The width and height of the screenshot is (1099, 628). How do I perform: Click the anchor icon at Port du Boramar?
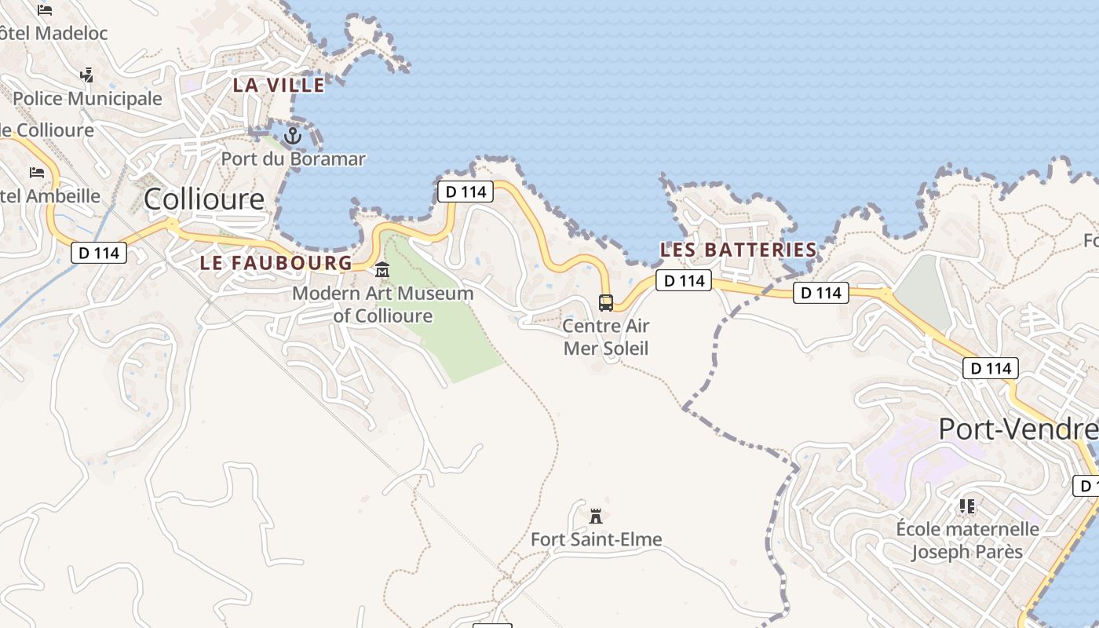(x=292, y=136)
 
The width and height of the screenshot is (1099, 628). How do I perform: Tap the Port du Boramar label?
(x=293, y=159)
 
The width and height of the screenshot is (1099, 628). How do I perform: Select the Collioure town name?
(x=204, y=199)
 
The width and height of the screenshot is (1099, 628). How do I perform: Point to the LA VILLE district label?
(x=279, y=85)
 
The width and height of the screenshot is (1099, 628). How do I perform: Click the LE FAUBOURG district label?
(x=276, y=263)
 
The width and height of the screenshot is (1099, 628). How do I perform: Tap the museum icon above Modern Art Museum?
(x=382, y=269)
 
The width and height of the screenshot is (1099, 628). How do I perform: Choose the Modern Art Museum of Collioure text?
(x=383, y=305)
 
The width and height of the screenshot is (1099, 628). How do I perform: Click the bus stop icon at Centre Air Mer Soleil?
(x=606, y=302)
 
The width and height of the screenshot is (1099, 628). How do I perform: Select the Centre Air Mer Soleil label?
(x=606, y=337)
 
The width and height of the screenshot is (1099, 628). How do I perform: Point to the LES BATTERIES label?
(x=739, y=250)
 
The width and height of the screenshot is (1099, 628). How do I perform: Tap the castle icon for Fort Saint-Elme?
(x=596, y=516)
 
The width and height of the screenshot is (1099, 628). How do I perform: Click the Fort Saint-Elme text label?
(x=597, y=539)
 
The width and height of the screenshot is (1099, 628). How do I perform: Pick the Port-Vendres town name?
(x=1018, y=429)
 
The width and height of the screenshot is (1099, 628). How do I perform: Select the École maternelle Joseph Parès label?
(x=967, y=540)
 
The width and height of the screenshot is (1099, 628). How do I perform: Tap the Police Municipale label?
(x=87, y=99)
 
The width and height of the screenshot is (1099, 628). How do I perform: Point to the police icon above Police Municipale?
(x=87, y=75)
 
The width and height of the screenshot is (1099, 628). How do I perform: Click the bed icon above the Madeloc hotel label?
(x=45, y=10)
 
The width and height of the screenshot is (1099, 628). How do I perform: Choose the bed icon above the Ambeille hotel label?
(x=37, y=172)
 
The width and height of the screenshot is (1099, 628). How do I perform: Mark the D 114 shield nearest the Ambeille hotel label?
(x=99, y=253)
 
